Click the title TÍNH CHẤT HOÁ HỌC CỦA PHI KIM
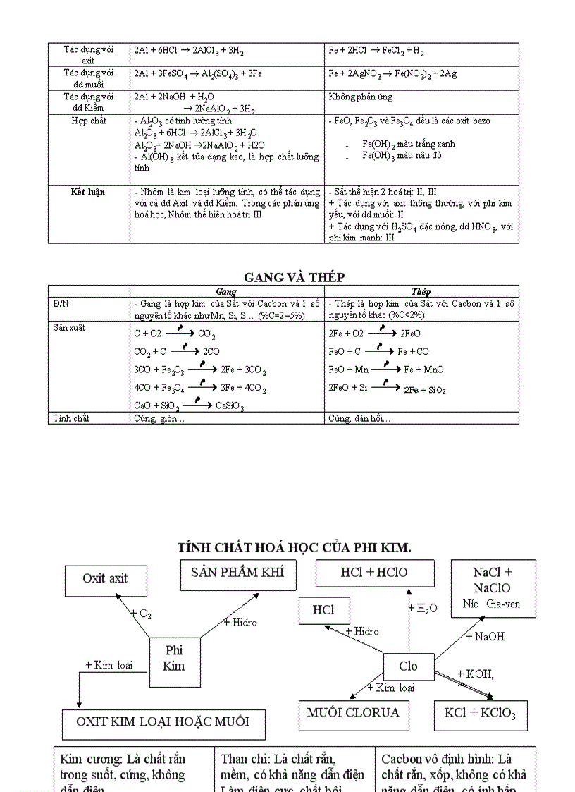[x=295, y=547]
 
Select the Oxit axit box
[x=106, y=580]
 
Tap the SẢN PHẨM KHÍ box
[x=238, y=573]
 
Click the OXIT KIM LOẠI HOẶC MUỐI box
[x=163, y=722]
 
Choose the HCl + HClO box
[x=374, y=573]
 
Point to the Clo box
[x=408, y=666]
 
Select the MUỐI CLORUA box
[x=353, y=713]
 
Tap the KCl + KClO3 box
[x=481, y=714]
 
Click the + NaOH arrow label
[x=486, y=636]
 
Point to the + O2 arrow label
[x=141, y=614]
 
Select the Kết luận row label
[x=88, y=192]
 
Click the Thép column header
[x=421, y=291]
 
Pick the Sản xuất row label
[x=69, y=328]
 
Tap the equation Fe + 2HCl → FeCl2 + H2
[x=376, y=51]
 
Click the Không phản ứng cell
[x=361, y=97]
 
